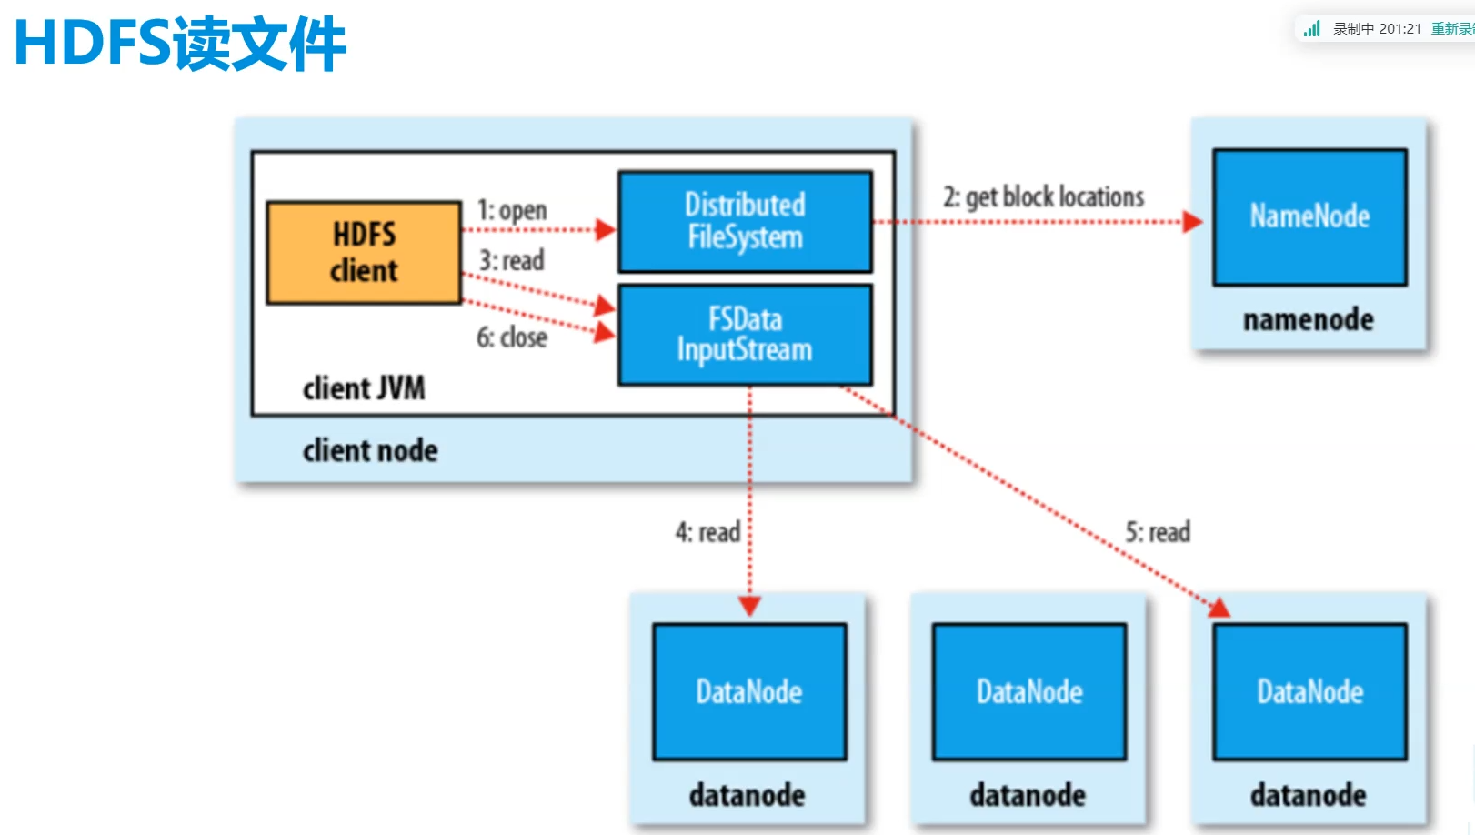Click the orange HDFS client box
coord(364,253)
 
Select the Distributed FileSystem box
coord(745,221)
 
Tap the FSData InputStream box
coord(745,335)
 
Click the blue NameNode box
coord(1309,217)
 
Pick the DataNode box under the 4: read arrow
coord(749,692)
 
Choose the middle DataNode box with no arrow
coord(1029,692)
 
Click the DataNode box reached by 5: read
coord(1309,692)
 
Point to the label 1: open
coord(512,211)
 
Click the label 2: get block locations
coord(1043,196)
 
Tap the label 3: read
coord(512,261)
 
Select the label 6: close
coord(512,337)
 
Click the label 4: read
coord(707,532)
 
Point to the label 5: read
coord(1158,532)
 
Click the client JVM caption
coord(364,388)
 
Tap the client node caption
coord(370,450)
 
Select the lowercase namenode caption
coord(1309,319)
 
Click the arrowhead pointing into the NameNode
coord(1192,222)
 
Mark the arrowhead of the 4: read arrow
coord(749,606)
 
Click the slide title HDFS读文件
coord(180,44)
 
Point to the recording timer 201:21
coord(1400,29)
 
